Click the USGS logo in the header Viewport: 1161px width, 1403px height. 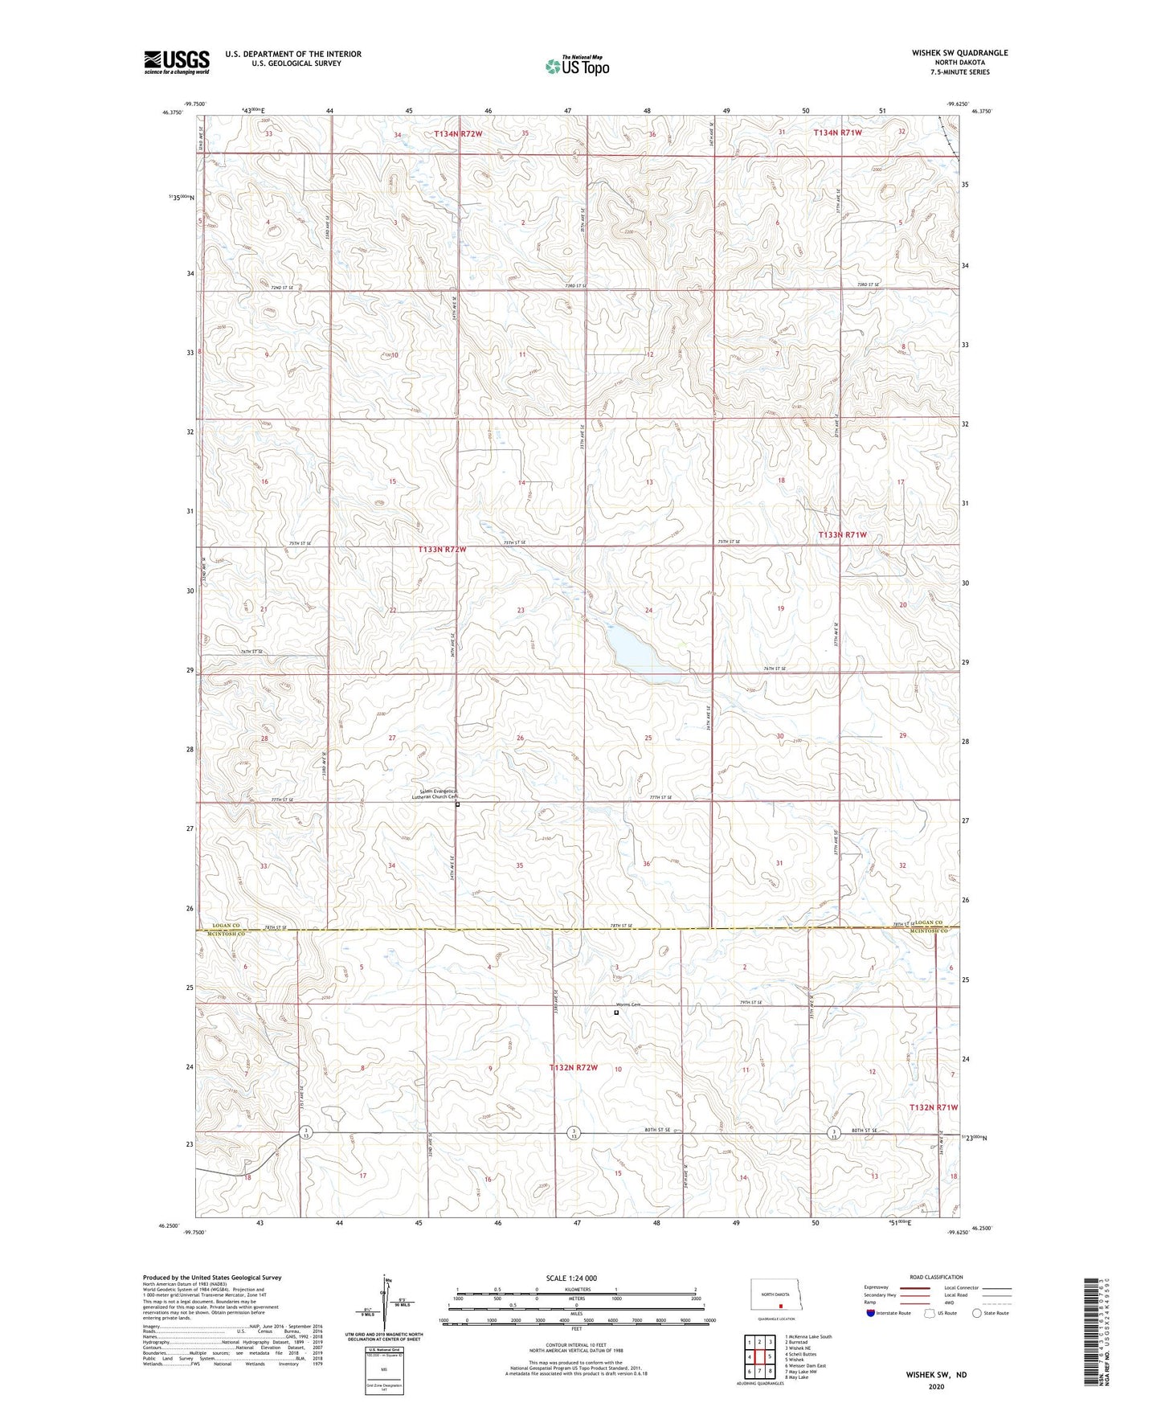tap(177, 62)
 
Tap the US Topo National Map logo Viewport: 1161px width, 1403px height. tap(577, 66)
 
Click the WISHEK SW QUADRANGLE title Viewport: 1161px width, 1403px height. tap(948, 53)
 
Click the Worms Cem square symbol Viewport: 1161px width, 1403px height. tap(616, 1012)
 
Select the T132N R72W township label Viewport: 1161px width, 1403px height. tap(574, 1067)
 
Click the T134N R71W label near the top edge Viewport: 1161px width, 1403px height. tap(837, 133)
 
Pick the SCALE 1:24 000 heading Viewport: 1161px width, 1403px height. tap(571, 1278)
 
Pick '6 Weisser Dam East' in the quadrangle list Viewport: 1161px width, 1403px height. tap(805, 1365)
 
